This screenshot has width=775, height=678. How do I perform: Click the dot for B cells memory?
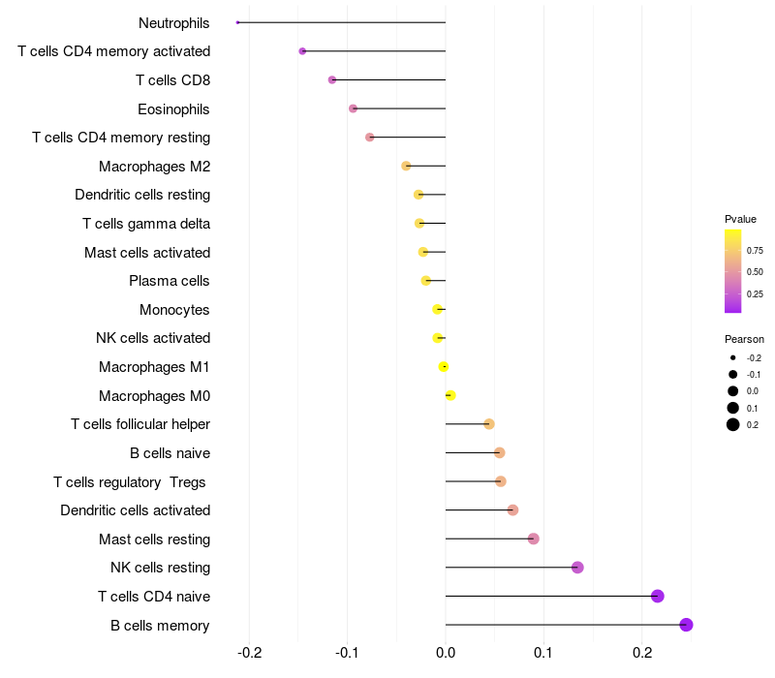(x=687, y=625)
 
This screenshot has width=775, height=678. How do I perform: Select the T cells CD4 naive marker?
(x=658, y=596)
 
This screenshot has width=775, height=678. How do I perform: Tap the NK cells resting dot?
(x=577, y=568)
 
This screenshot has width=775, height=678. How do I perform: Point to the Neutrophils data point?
(x=237, y=22)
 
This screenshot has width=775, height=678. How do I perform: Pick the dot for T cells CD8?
(x=332, y=79)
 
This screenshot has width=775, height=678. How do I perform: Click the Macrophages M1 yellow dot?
(x=444, y=366)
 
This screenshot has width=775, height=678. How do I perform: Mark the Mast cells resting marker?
(x=534, y=539)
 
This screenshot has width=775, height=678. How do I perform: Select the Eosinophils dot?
(x=353, y=108)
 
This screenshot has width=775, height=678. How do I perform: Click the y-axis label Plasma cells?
(x=170, y=281)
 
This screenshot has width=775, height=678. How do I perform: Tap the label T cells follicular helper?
(x=140, y=424)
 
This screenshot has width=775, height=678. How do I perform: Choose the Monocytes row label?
(x=174, y=310)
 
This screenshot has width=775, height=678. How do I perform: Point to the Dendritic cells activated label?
(x=136, y=510)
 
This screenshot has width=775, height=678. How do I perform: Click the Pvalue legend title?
(x=740, y=219)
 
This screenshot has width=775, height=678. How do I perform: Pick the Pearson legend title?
(x=744, y=340)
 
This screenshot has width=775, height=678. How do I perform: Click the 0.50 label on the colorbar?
(x=755, y=272)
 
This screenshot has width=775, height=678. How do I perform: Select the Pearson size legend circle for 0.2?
(x=733, y=424)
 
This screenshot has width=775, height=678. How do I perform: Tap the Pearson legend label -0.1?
(x=754, y=375)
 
